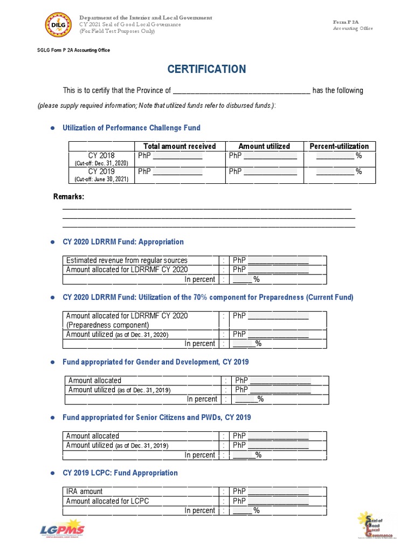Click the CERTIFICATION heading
point(206,69)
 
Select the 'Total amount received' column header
point(180,146)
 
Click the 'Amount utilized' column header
point(264,146)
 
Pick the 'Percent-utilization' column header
point(339,146)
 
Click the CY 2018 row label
point(101,156)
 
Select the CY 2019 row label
point(101,172)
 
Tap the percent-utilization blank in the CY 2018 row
point(335,156)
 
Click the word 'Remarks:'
point(68,197)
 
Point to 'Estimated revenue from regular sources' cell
point(127,260)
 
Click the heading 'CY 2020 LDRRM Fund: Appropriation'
point(123,242)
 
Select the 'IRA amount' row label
point(84,492)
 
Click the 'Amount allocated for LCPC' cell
point(107,501)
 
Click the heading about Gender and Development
point(155,362)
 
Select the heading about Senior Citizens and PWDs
point(156,417)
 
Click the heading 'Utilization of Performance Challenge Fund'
point(132,128)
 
